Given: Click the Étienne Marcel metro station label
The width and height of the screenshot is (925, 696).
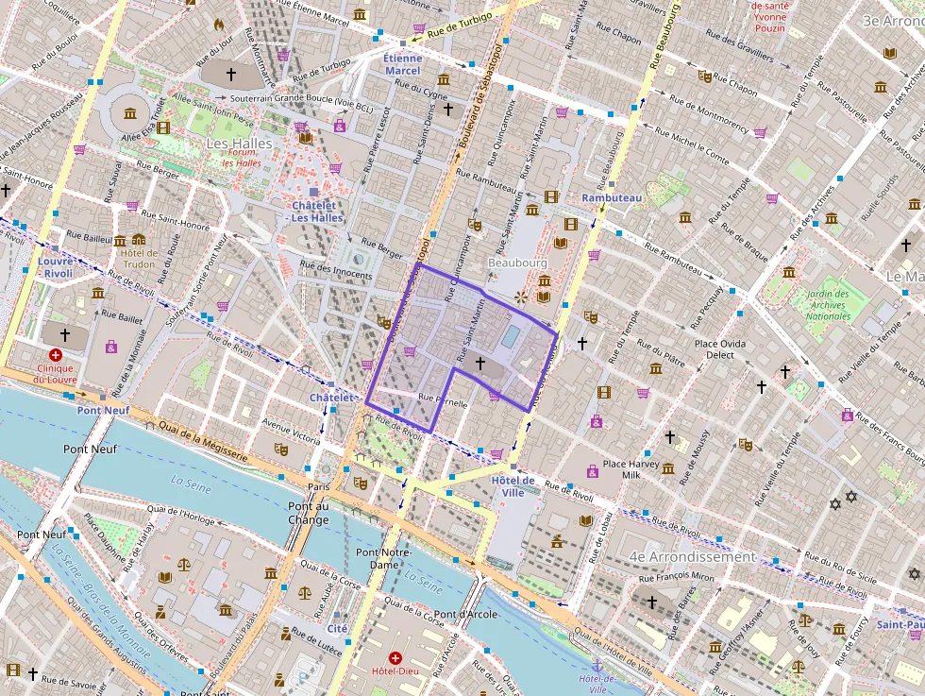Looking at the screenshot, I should coord(403,64).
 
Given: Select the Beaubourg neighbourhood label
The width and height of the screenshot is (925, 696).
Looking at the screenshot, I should coord(518,262).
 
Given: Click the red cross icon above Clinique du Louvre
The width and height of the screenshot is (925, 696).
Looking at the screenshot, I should coord(56,355).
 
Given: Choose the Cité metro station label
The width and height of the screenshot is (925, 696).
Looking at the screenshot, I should coord(337,628).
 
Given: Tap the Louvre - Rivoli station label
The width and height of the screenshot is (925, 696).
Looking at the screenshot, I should coord(56,267).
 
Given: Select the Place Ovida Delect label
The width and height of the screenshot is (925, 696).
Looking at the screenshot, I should coord(720,349).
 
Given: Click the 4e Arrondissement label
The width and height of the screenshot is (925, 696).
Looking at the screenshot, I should coord(692,557).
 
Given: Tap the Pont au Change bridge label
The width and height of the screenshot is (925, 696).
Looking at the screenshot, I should coord(309,513).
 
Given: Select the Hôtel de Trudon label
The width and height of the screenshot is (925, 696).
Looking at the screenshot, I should coord(139,258).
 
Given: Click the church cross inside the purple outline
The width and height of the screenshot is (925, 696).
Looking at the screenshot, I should coord(479,362).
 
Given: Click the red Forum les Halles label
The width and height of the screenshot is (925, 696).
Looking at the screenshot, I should coord(243,157).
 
